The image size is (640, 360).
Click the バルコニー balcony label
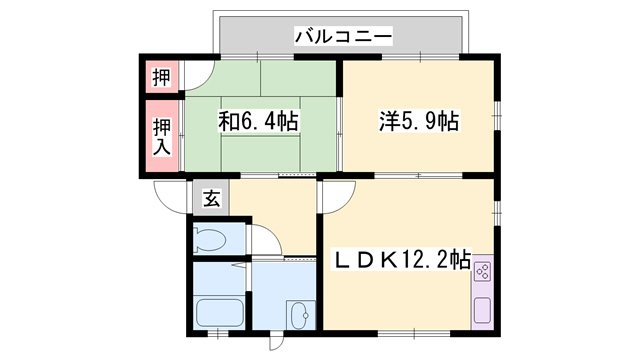(342, 37)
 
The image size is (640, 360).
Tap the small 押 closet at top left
(160, 76)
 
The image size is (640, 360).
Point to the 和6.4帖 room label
(259, 122)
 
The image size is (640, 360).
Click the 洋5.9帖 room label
(419, 122)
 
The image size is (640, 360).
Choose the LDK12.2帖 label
(400, 260)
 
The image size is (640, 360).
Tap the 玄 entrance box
(212, 198)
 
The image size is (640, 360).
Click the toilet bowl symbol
(211, 239)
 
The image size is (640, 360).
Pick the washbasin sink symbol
(299, 312)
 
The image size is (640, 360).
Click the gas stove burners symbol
(482, 271)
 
